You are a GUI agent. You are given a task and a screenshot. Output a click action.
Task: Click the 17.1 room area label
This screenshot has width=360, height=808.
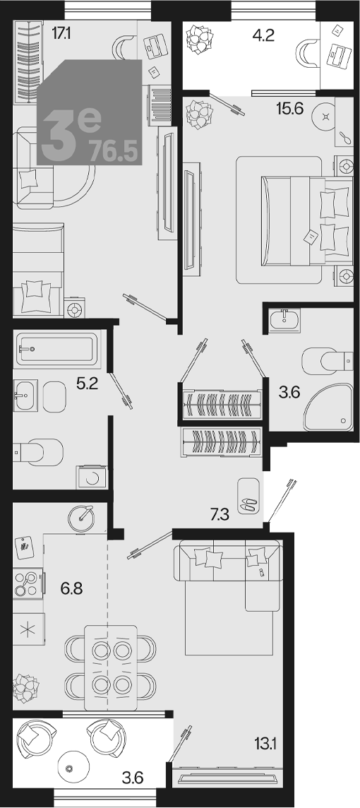(61, 34)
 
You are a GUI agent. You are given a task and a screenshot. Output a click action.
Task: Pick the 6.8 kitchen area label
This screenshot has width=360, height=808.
(71, 588)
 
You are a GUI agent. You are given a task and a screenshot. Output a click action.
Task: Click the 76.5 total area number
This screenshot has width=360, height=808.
(114, 152)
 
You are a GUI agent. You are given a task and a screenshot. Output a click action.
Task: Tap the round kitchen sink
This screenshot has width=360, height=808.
(81, 517)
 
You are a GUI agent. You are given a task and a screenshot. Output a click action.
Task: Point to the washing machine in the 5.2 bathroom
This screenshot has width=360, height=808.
(92, 477)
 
